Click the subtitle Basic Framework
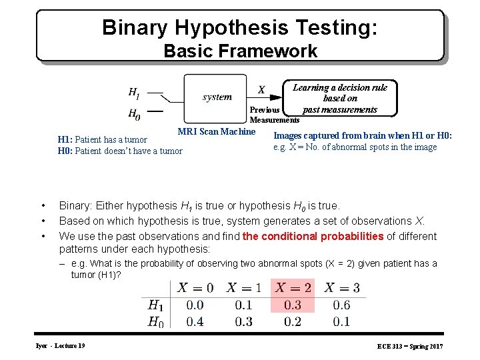[x=240, y=51]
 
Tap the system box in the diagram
[x=217, y=97]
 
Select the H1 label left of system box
[x=134, y=92]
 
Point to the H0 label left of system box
[x=134, y=113]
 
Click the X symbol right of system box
[x=261, y=90]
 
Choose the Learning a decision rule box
[x=340, y=99]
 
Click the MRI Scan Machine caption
[x=216, y=131]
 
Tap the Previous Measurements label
[x=273, y=115]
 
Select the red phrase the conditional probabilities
[x=313, y=236]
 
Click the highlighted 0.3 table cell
[x=293, y=305]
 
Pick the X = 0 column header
[x=195, y=288]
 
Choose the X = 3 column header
[x=341, y=288]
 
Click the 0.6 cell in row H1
[x=341, y=305]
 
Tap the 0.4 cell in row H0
[x=195, y=322]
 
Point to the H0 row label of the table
[x=155, y=323]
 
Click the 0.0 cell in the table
[x=195, y=305]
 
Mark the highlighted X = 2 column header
[x=293, y=288]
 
